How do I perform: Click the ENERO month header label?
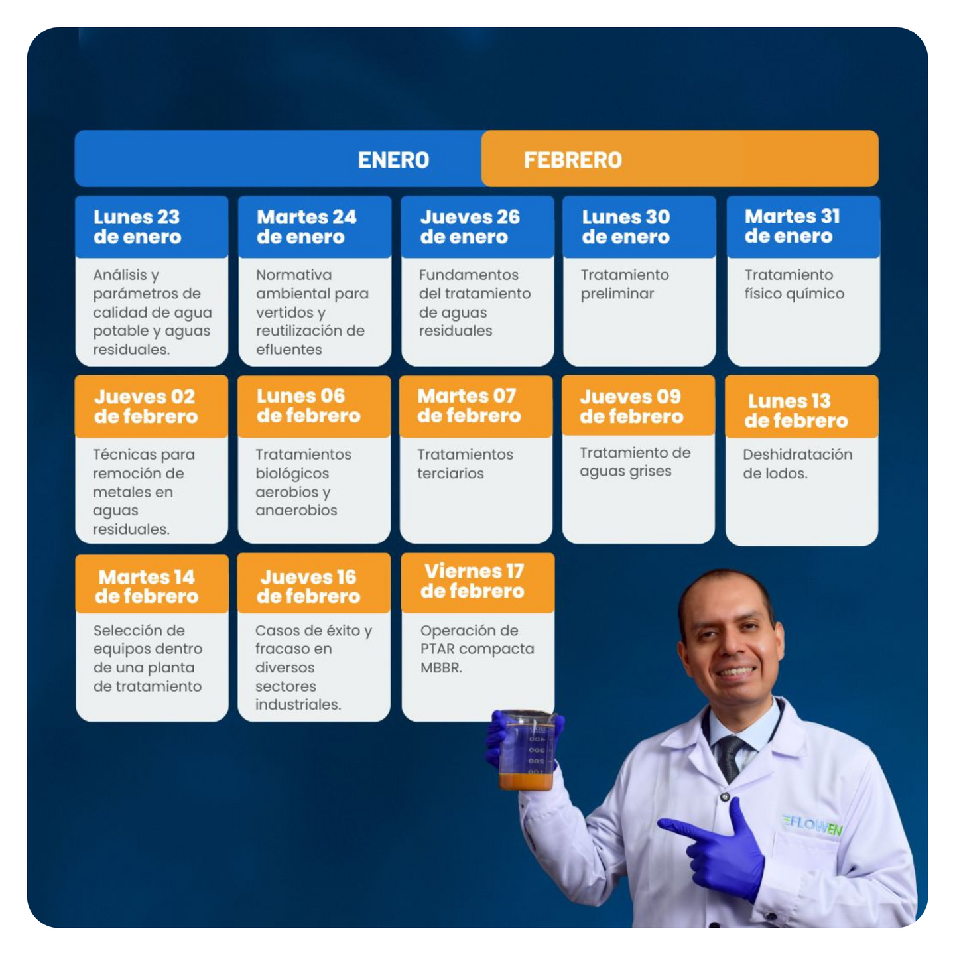click(x=393, y=160)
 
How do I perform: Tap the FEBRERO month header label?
click(x=572, y=160)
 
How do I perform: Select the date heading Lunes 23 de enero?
click(x=137, y=227)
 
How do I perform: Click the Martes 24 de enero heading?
click(x=306, y=227)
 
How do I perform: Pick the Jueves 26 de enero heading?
click(x=470, y=227)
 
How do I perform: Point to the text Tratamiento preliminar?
click(x=625, y=284)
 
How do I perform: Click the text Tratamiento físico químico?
click(x=794, y=284)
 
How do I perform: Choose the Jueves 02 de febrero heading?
click(x=146, y=407)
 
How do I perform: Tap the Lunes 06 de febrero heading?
click(x=308, y=405)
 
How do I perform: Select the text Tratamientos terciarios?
click(x=465, y=464)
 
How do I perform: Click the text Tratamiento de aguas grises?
click(x=635, y=462)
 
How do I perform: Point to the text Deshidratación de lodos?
click(x=797, y=464)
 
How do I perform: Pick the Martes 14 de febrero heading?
click(x=147, y=586)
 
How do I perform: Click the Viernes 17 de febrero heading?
click(x=472, y=581)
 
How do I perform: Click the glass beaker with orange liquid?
click(x=527, y=750)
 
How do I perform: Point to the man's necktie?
click(x=731, y=758)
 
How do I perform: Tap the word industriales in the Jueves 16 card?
click(x=298, y=704)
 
